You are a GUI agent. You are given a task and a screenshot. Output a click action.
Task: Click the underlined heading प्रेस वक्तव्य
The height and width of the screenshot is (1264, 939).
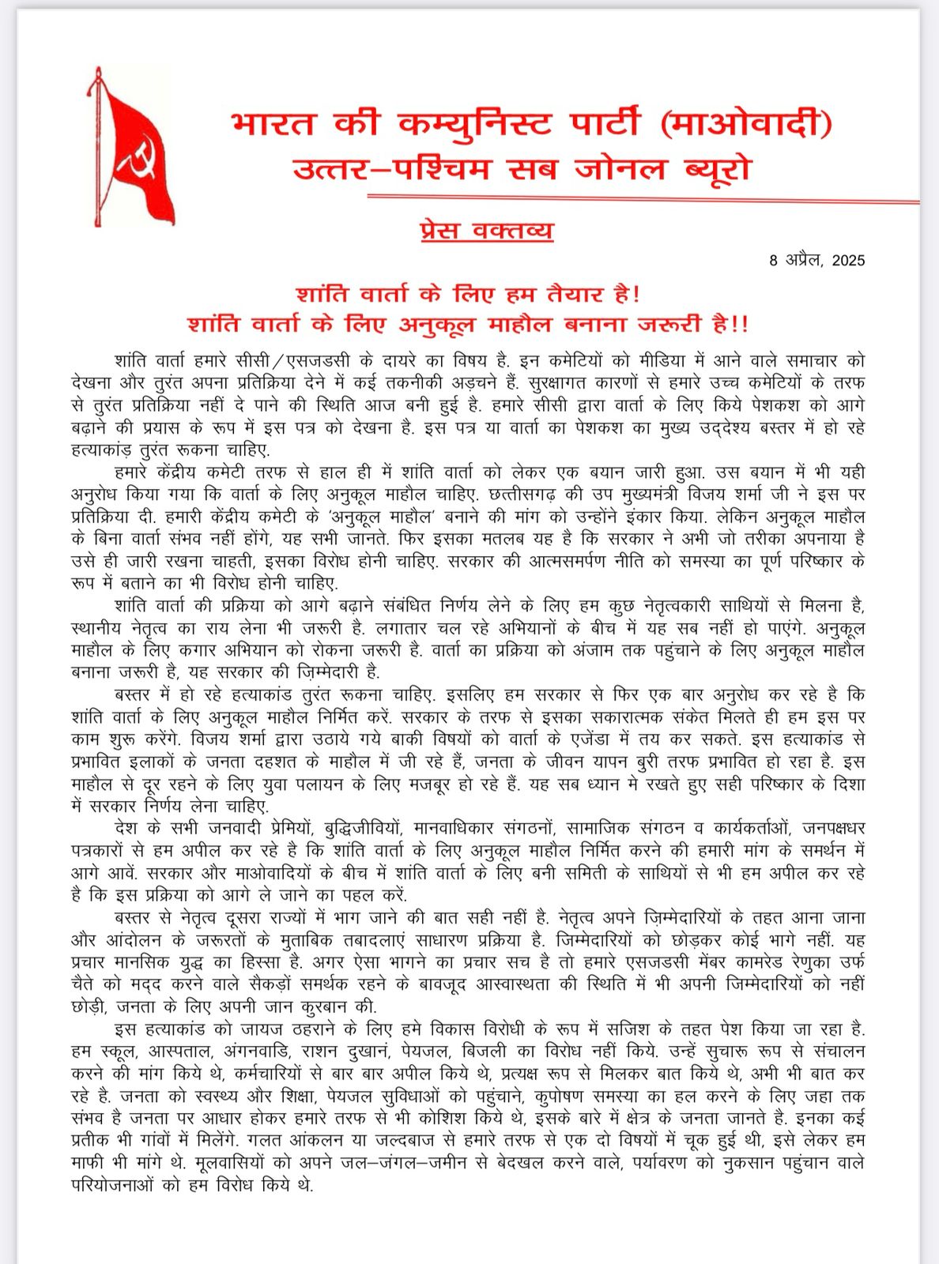[x=487, y=231]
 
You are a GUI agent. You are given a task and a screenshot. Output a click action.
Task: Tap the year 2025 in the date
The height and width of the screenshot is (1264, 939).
[x=848, y=261]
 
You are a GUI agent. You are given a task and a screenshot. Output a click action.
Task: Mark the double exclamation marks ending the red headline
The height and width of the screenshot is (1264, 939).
[x=739, y=325]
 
